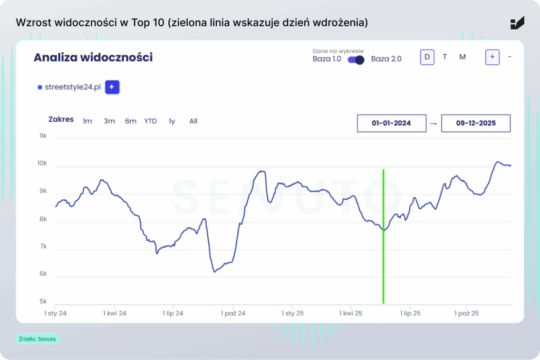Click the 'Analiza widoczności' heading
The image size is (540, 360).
[93, 57]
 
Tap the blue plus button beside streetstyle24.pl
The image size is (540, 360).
[112, 87]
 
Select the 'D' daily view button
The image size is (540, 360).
[427, 57]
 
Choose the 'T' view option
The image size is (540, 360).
[445, 57]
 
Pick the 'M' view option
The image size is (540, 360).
[462, 57]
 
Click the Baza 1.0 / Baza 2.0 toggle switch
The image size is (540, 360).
[356, 60]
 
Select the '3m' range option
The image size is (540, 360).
[109, 121]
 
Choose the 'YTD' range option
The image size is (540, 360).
[150, 121]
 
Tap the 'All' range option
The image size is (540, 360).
[194, 121]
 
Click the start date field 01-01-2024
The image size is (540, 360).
[391, 123]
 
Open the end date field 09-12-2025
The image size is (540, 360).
[476, 123]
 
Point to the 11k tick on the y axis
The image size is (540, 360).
[43, 136]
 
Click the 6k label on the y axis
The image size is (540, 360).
[43, 274]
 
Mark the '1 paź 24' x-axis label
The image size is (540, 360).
[233, 313]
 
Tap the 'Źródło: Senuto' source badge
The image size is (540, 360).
[37, 339]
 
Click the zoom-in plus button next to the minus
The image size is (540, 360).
[492, 57]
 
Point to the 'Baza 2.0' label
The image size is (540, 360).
[386, 59]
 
